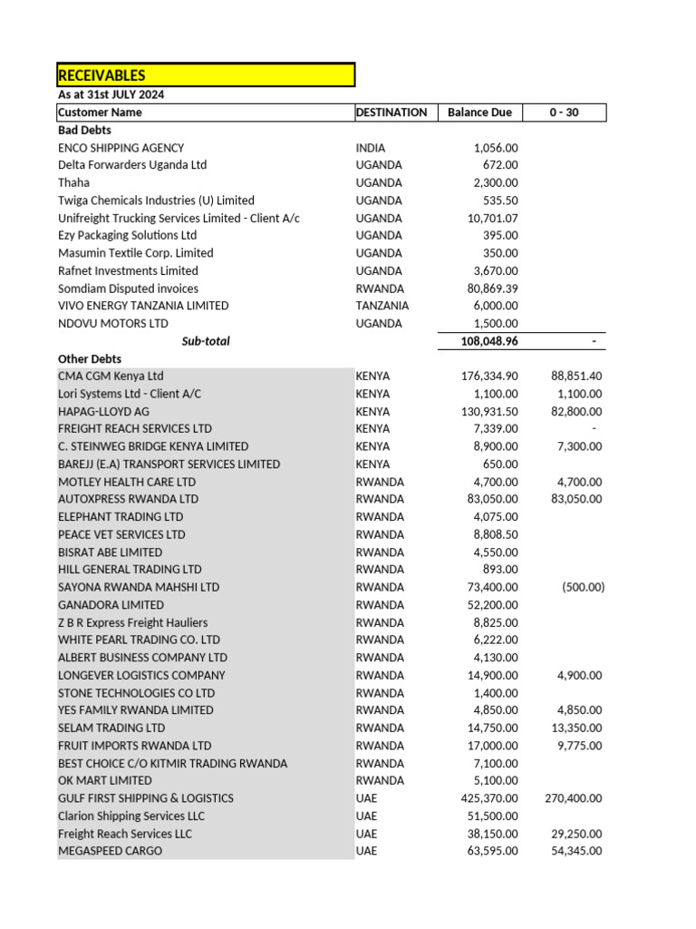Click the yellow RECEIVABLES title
click(101, 75)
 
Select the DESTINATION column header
click(391, 112)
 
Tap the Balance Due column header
click(479, 112)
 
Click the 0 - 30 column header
click(564, 112)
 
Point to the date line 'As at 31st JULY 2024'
click(111, 94)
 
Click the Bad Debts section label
click(84, 130)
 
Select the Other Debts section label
click(90, 358)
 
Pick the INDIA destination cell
click(370, 148)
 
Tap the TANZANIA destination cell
click(382, 306)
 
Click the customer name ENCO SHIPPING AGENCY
click(121, 148)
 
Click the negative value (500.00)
click(583, 587)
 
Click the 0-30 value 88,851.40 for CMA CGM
click(576, 376)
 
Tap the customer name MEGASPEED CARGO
click(110, 851)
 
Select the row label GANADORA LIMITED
click(111, 604)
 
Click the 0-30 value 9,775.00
click(580, 746)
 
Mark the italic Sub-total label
click(206, 341)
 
